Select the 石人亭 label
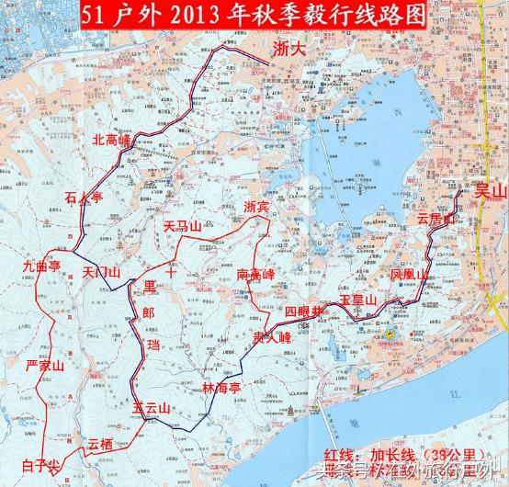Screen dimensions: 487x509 pos(83,196)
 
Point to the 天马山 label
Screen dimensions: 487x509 pos(182,225)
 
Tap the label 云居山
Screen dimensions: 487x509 pos(435,220)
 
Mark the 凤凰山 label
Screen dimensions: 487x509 pos(409,275)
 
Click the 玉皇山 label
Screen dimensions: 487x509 pos(358,300)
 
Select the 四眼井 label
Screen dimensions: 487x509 pos(305,312)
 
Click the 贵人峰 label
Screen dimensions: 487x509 pos(273,337)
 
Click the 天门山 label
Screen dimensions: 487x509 pos(101,273)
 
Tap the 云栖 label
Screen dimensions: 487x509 pos(104,444)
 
